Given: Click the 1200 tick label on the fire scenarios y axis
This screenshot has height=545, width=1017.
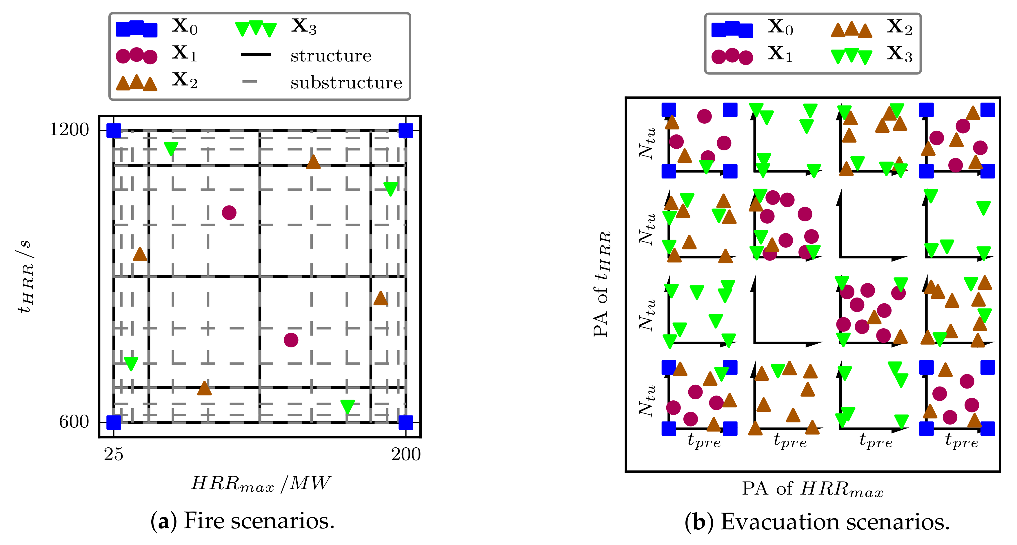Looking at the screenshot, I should [x=69, y=130].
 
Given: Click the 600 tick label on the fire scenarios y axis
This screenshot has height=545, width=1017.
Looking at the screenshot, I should [x=74, y=422].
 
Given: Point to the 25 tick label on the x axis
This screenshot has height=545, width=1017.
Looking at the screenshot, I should [x=113, y=455].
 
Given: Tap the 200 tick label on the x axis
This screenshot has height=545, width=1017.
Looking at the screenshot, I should [x=406, y=455].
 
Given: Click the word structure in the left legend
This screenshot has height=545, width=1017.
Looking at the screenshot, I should [x=331, y=56].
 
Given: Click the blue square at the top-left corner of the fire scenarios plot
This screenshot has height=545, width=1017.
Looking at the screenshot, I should [x=114, y=131].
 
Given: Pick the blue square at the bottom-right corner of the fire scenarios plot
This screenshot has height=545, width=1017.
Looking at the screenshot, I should [x=406, y=422].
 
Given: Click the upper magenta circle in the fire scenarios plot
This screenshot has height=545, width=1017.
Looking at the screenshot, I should [x=229, y=213].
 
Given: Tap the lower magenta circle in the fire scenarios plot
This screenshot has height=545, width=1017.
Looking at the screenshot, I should [x=291, y=340].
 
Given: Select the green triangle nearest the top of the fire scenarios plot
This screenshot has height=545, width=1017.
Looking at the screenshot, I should [x=171, y=148].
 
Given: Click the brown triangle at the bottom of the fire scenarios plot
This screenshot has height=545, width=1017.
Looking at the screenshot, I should [x=204, y=388].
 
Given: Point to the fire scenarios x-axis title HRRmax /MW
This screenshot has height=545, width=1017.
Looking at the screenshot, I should [x=261, y=484].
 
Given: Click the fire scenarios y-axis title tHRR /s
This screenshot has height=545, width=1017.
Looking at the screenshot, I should [x=24, y=276].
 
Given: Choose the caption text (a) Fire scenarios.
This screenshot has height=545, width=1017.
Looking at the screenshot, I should [x=242, y=521].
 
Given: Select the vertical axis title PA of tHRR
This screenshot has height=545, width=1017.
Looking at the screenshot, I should [x=602, y=284].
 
